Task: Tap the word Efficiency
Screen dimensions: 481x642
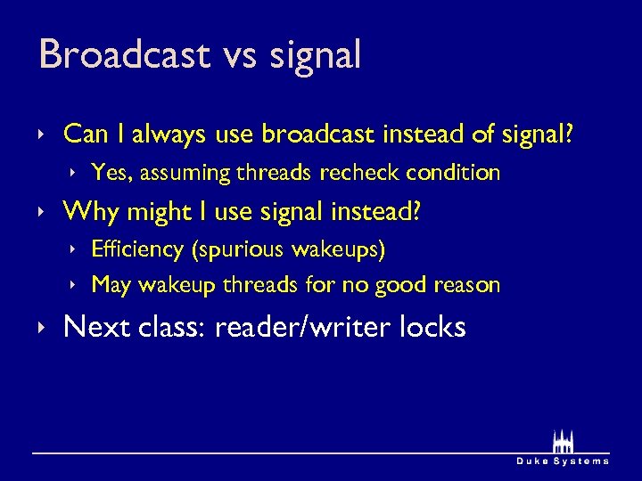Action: (x=137, y=249)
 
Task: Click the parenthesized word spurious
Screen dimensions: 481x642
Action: (x=233, y=250)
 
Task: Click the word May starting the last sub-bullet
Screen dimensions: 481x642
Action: (x=111, y=286)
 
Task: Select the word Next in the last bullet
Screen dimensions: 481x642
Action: (x=97, y=327)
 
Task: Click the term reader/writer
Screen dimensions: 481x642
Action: (x=303, y=327)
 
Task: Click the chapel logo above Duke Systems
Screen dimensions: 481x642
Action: (x=563, y=441)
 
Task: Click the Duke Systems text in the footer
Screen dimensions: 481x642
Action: (x=563, y=461)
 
